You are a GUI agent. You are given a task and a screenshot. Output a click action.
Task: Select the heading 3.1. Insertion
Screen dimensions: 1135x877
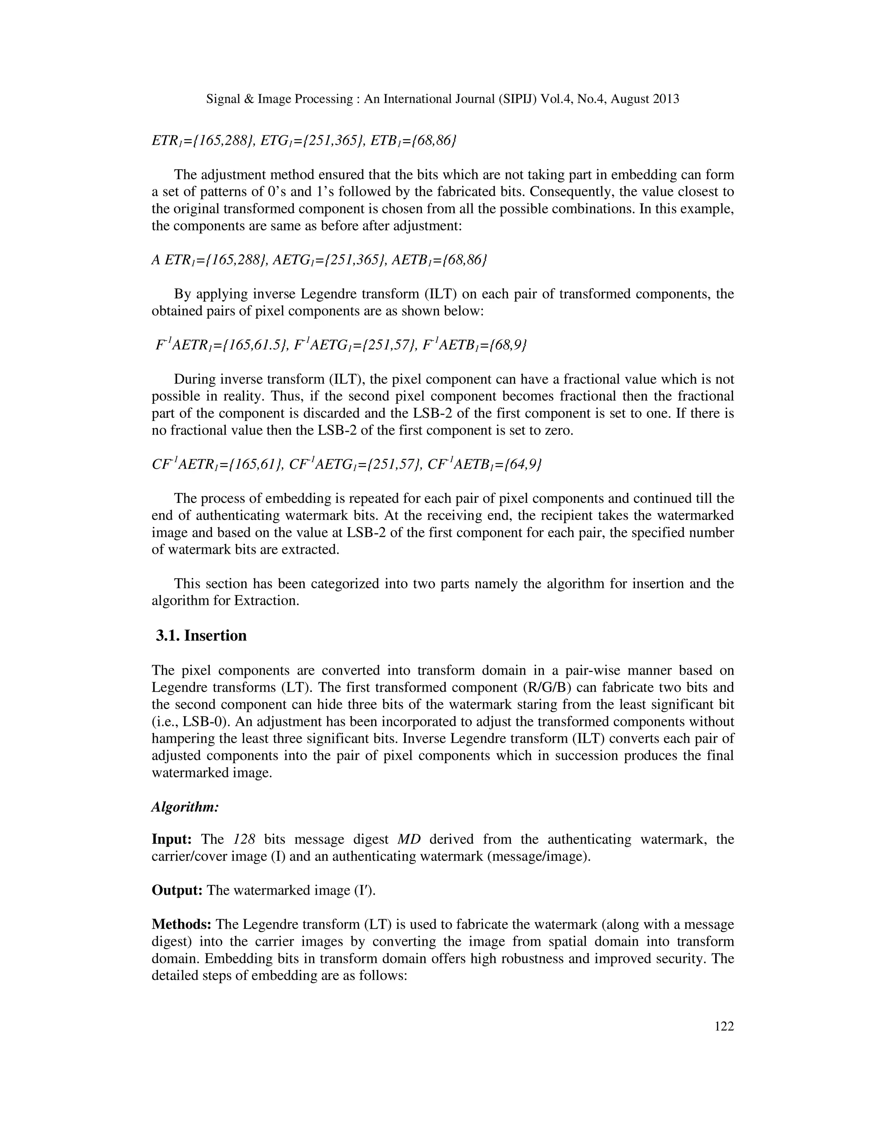click(201, 636)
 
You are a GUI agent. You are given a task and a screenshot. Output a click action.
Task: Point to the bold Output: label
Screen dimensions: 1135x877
click(177, 890)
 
